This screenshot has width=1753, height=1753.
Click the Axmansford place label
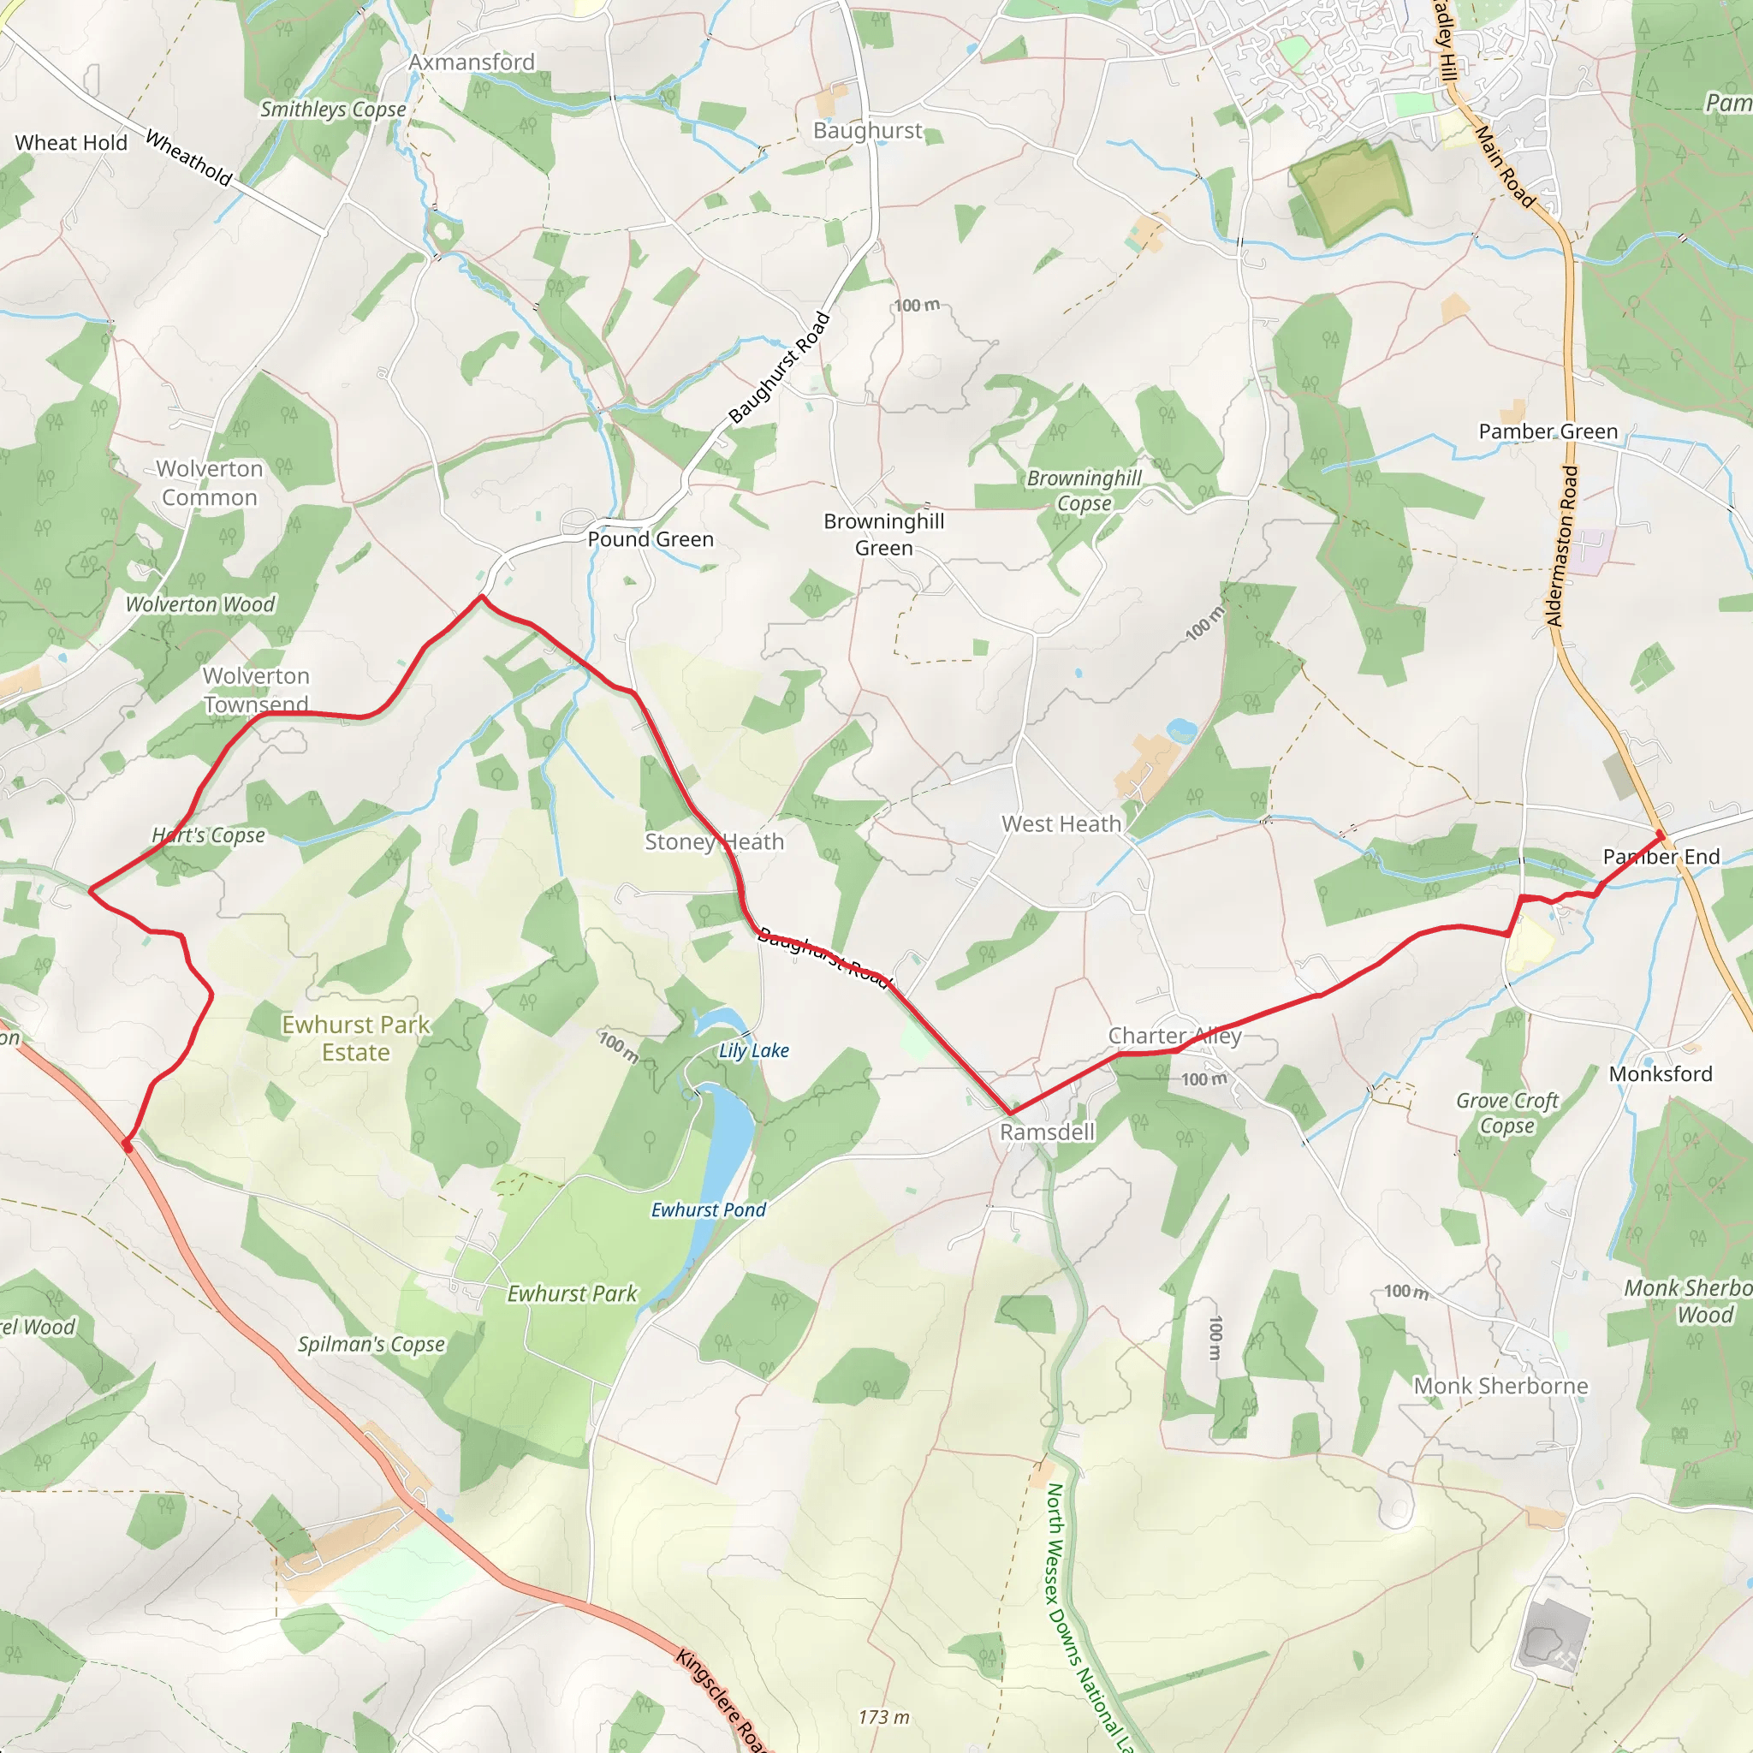pyautogui.click(x=471, y=62)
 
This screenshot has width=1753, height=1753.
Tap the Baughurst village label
pyautogui.click(x=867, y=131)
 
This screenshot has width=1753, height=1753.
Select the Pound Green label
pyautogui.click(x=651, y=539)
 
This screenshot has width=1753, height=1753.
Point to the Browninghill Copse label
pyautogui.click(x=1084, y=490)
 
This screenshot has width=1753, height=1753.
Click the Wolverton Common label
pyautogui.click(x=210, y=483)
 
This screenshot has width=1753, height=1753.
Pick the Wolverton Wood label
pyautogui.click(x=199, y=604)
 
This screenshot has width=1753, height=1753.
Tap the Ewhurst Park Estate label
pyautogui.click(x=356, y=1038)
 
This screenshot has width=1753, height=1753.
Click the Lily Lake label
pyautogui.click(x=753, y=1051)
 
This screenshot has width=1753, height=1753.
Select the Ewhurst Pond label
pyautogui.click(x=709, y=1209)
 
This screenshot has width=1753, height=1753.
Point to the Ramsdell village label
pyautogui.click(x=1047, y=1132)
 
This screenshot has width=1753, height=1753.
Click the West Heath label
pyautogui.click(x=1061, y=824)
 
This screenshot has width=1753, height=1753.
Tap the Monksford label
pyautogui.click(x=1661, y=1074)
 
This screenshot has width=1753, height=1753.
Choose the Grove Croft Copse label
pyautogui.click(x=1507, y=1113)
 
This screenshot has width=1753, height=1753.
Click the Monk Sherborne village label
pyautogui.click(x=1501, y=1386)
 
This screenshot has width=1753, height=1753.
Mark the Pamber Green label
pyautogui.click(x=1548, y=432)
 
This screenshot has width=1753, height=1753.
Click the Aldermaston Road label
pyautogui.click(x=1562, y=546)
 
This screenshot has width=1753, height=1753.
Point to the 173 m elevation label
pyautogui.click(x=883, y=1717)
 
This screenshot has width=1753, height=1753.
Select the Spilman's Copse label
pyautogui.click(x=371, y=1344)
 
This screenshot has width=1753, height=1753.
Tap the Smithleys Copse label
pyautogui.click(x=333, y=110)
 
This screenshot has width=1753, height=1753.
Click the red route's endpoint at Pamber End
pyautogui.click(x=1661, y=834)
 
